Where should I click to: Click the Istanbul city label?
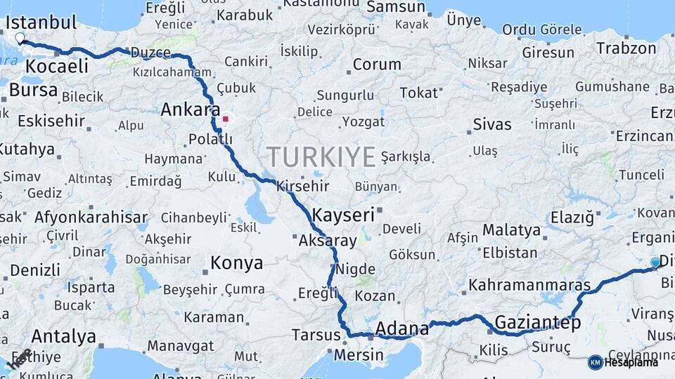pyautogui.click(x=41, y=22)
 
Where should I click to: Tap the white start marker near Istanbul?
pyautogui.click(x=20, y=39)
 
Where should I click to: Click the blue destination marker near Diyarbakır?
pyautogui.click(x=655, y=263)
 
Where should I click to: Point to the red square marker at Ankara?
pyautogui.click(x=225, y=119)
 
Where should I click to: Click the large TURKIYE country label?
pyautogui.click(x=320, y=157)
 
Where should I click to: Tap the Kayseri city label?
pyautogui.click(x=343, y=215)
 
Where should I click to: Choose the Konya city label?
pyautogui.click(x=237, y=263)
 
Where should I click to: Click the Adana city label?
pyautogui.click(x=402, y=328)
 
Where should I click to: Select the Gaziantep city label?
pyautogui.click(x=538, y=323)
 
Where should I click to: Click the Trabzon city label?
pyautogui.click(x=626, y=48)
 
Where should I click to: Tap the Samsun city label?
pyautogui.click(x=396, y=7)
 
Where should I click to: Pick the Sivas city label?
pyautogui.click(x=492, y=124)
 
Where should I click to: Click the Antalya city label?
pyautogui.click(x=63, y=336)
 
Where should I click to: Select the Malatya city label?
pyautogui.click(x=512, y=230)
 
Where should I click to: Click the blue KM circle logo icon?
pyautogui.click(x=595, y=362)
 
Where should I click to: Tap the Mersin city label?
pyautogui.click(x=359, y=354)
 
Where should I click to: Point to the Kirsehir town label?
pyautogui.click(x=303, y=186)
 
